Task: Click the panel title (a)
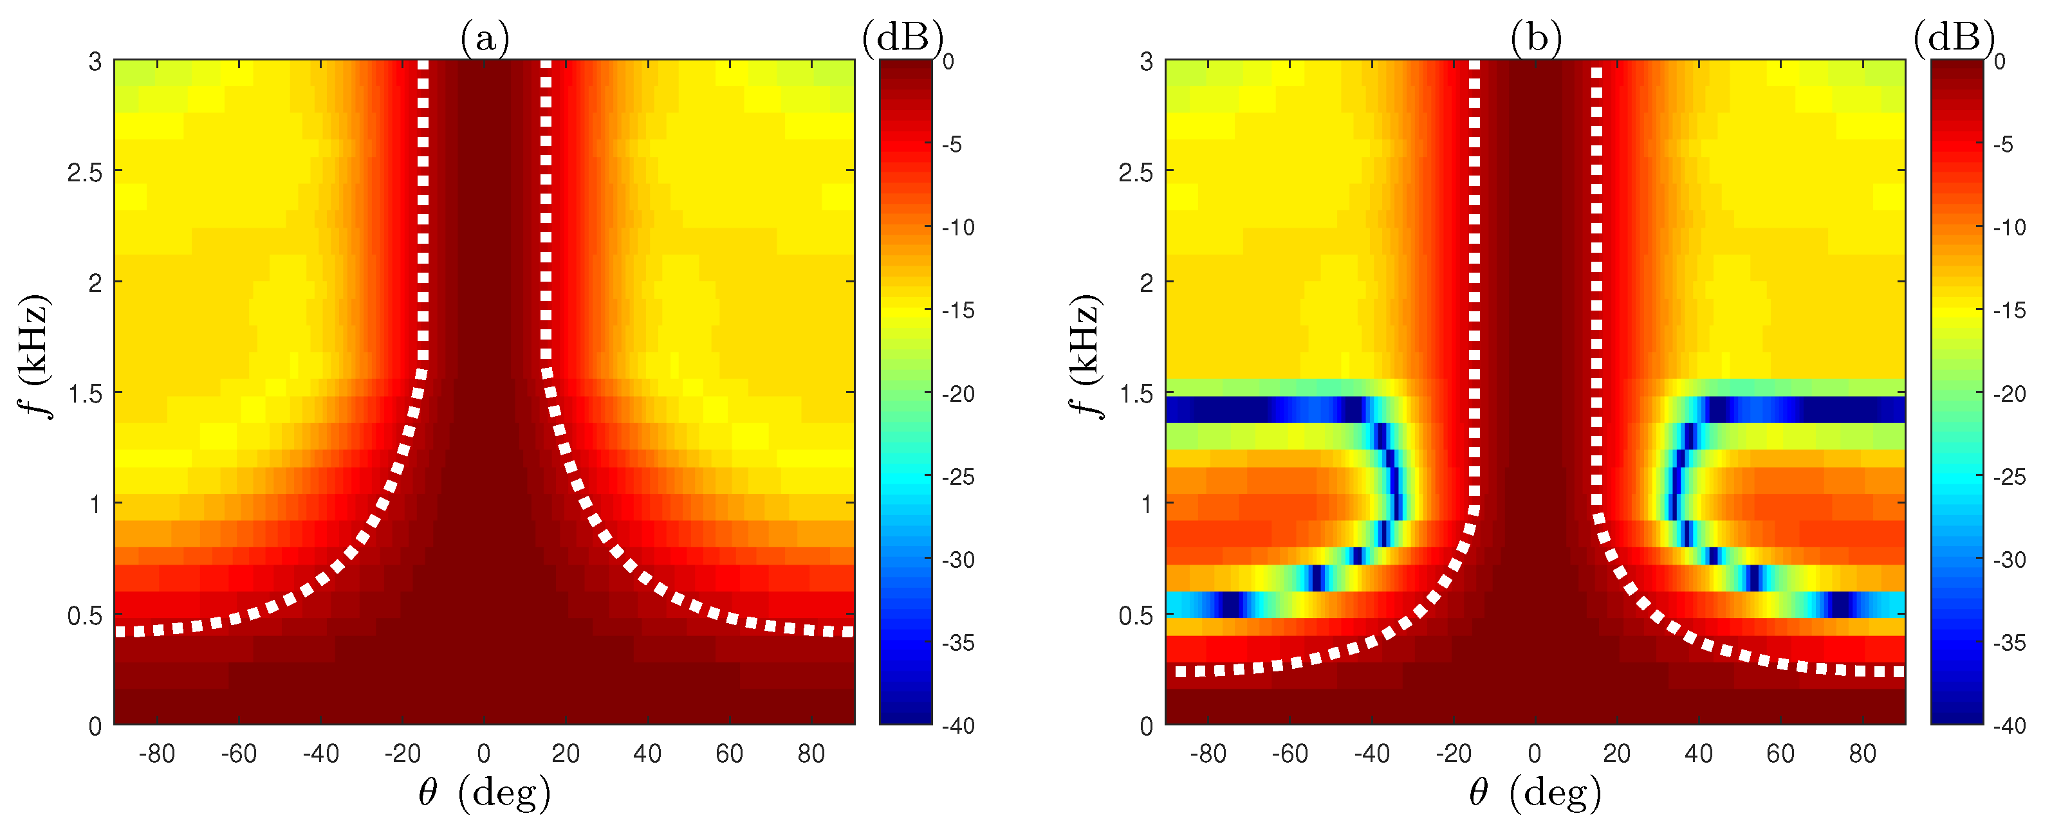tap(484, 37)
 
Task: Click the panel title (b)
tap(1535, 37)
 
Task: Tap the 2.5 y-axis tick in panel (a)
tap(84, 172)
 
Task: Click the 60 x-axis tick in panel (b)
tap(1780, 754)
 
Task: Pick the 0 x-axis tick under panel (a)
tap(484, 754)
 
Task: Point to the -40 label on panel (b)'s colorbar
tap(2009, 726)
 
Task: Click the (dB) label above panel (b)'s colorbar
tap(1953, 37)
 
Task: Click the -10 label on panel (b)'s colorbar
tap(2009, 228)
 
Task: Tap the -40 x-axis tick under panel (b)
tap(1371, 754)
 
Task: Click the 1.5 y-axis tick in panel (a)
tap(84, 394)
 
